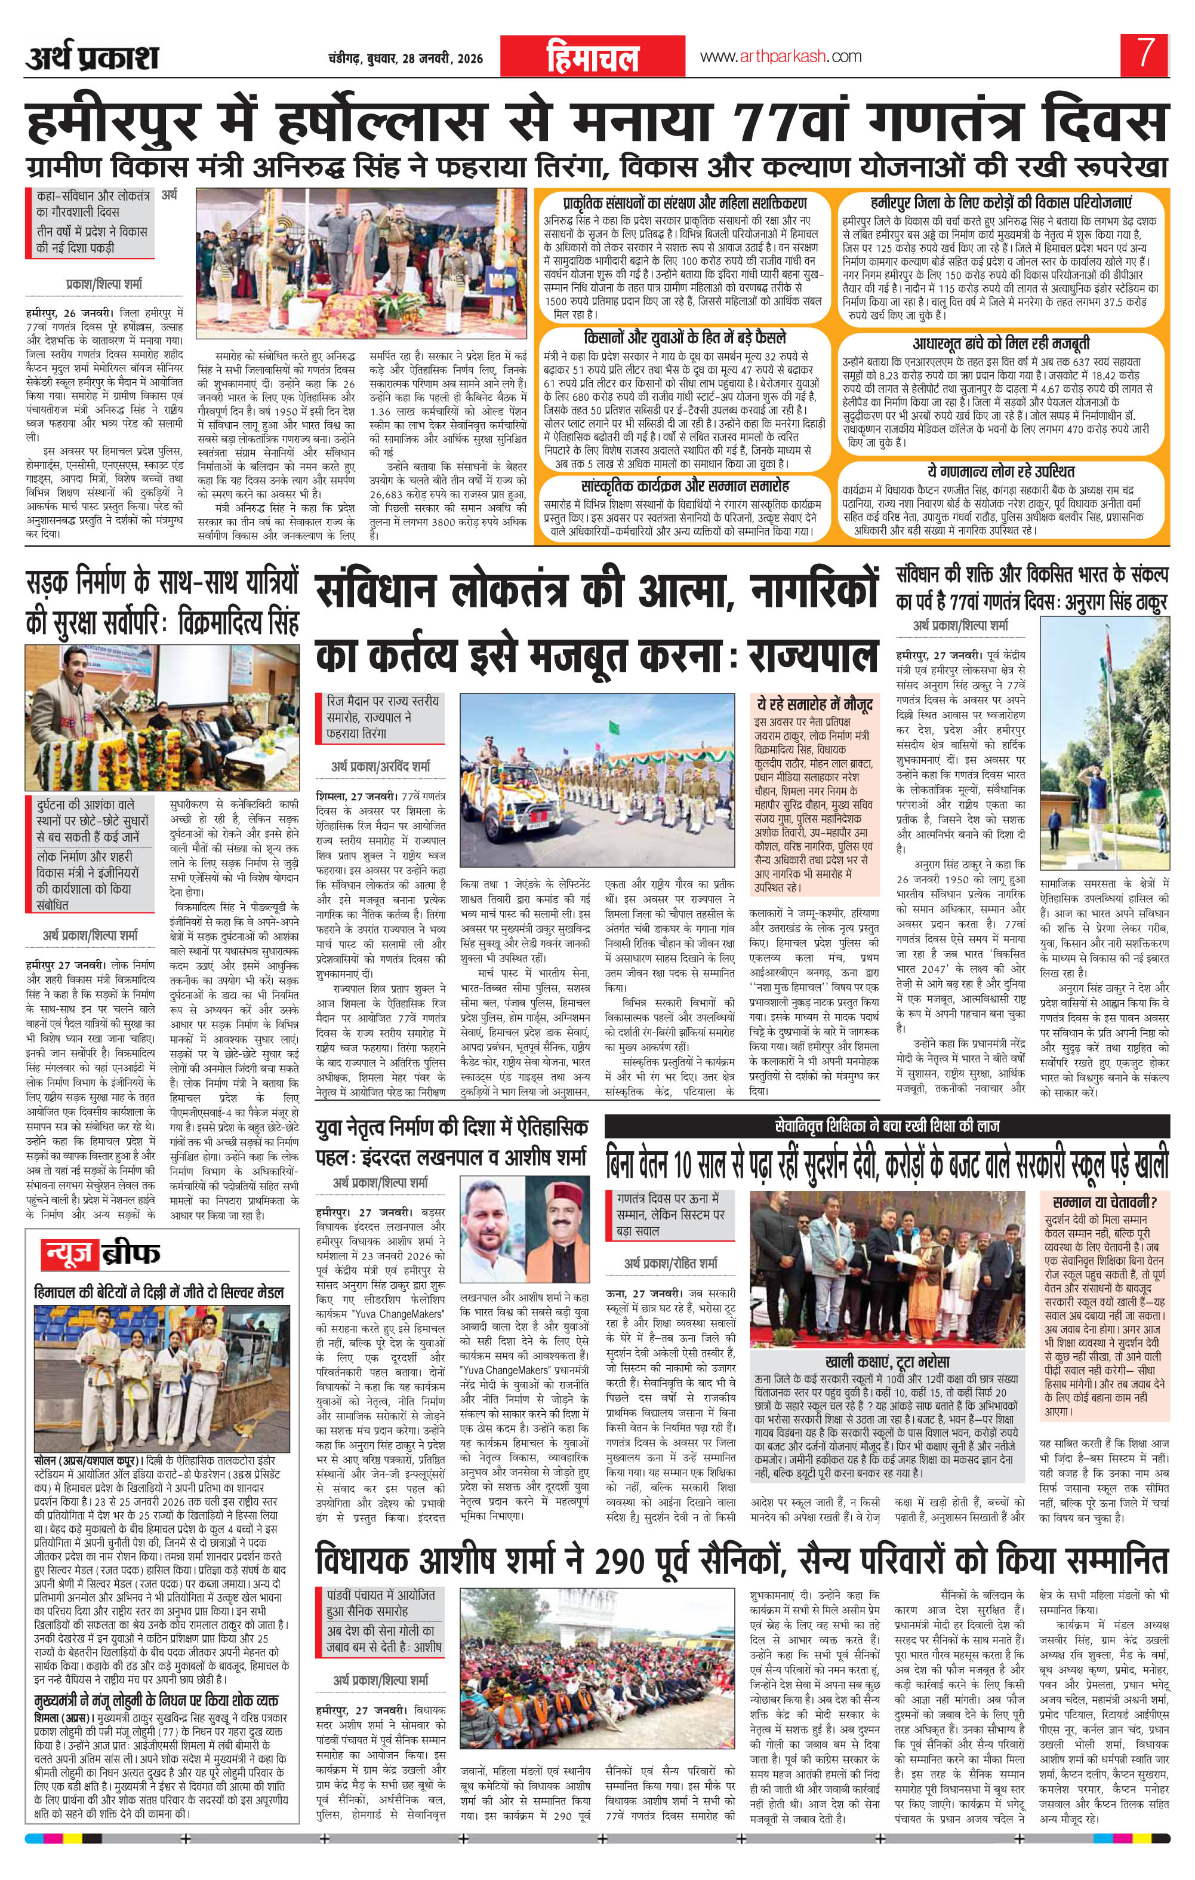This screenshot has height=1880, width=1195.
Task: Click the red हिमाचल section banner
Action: coord(592,59)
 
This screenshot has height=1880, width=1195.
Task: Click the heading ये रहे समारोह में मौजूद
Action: coord(811,704)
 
